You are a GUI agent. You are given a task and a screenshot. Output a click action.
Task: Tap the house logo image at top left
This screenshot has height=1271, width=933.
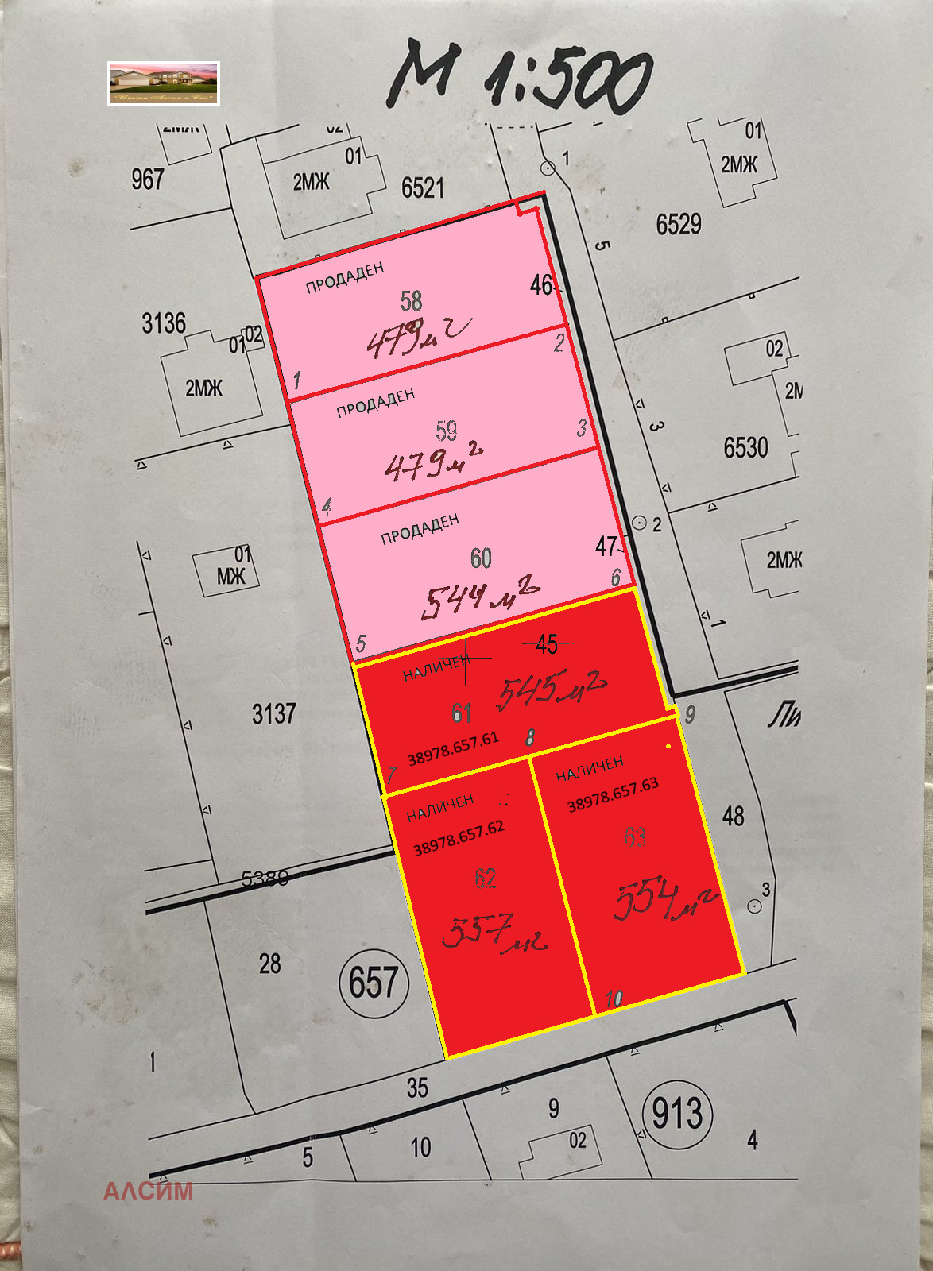pyautogui.click(x=163, y=83)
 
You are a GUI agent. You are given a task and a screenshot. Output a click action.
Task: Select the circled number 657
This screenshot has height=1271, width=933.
pyautogui.click(x=374, y=983)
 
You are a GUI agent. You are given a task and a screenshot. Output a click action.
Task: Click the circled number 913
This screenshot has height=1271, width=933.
pyautogui.click(x=677, y=1113)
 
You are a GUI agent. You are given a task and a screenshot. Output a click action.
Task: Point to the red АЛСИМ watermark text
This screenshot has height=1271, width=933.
pyautogui.click(x=148, y=1191)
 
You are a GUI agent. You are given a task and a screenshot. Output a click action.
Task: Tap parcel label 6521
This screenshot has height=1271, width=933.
pyautogui.click(x=423, y=188)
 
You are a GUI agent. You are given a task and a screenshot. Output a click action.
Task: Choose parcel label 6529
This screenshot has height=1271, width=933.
pyautogui.click(x=679, y=225)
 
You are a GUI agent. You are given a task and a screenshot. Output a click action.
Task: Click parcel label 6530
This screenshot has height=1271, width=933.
pyautogui.click(x=745, y=448)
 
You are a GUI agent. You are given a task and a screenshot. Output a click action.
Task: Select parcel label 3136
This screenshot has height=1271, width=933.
pyautogui.click(x=164, y=323)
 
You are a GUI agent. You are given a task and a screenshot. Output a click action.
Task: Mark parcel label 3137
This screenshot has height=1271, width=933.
pyautogui.click(x=274, y=714)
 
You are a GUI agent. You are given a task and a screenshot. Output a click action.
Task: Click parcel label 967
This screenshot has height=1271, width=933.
pyautogui.click(x=148, y=180)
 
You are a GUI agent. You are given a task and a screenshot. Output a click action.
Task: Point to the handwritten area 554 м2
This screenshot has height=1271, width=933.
pyautogui.click(x=664, y=902)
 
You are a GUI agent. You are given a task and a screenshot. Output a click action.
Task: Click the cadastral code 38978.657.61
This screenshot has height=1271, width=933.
pyautogui.click(x=453, y=748)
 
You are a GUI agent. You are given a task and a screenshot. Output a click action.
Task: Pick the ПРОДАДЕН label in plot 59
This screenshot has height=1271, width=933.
pyautogui.click(x=376, y=403)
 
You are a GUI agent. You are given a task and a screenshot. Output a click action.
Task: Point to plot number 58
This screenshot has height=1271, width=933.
pyautogui.click(x=411, y=301)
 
